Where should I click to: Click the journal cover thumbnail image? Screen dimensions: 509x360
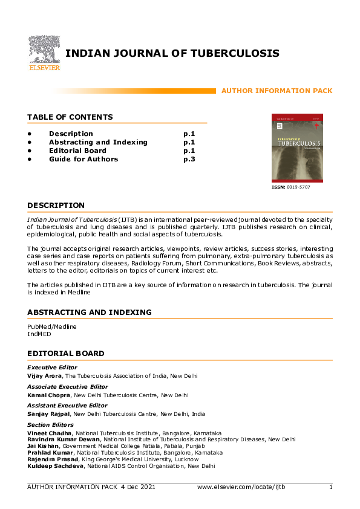coord(297,148)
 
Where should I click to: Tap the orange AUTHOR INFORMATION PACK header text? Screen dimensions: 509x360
coord(277,91)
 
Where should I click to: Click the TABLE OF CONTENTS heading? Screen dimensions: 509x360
coord(70,117)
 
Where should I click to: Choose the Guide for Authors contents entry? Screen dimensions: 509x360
coord(83,159)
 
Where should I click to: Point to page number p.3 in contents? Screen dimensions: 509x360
coord(189,159)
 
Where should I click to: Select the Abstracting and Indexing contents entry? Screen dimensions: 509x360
coord(98,142)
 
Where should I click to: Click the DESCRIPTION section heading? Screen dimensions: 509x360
coord(56,206)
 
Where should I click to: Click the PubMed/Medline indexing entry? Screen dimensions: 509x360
coord(52,326)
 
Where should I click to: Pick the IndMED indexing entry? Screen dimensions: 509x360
coord(38,333)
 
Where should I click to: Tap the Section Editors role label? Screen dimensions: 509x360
coord(50,425)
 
